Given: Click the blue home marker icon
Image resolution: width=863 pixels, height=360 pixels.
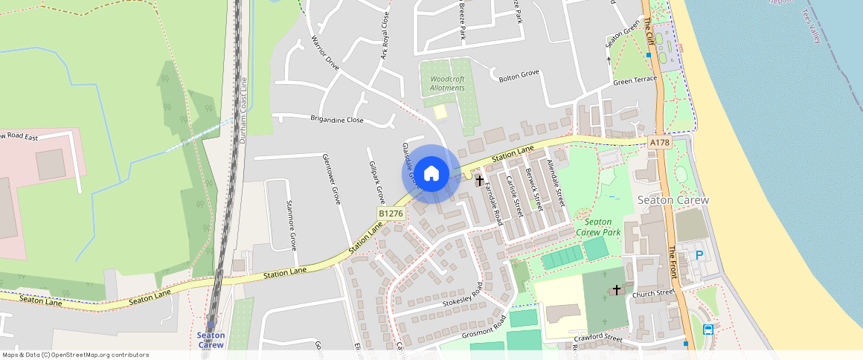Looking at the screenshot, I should tap(431, 174).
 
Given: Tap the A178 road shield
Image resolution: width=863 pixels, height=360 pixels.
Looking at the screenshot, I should tap(658, 142).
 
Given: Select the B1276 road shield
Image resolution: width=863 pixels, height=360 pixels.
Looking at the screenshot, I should tap(391, 213).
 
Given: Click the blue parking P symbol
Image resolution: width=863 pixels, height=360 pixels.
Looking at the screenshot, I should tap(699, 255).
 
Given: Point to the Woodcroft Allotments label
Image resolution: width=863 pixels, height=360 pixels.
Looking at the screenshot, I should tap(447, 83).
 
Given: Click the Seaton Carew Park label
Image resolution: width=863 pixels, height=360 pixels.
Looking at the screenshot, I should tap(598, 227).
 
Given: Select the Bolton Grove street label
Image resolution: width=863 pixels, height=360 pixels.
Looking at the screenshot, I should tap(519, 75).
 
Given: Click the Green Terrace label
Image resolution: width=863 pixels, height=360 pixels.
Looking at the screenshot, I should tap(635, 79).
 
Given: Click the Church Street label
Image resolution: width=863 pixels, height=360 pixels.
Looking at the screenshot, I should tap(652, 294).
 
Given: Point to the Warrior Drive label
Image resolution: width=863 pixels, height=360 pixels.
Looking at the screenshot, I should tap(325, 53).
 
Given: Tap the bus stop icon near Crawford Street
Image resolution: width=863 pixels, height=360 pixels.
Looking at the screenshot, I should tap(708, 330).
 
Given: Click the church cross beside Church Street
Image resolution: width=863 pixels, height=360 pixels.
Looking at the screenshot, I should tap(616, 289).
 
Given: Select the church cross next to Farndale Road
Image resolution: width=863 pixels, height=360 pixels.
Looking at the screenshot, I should tap(480, 180).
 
